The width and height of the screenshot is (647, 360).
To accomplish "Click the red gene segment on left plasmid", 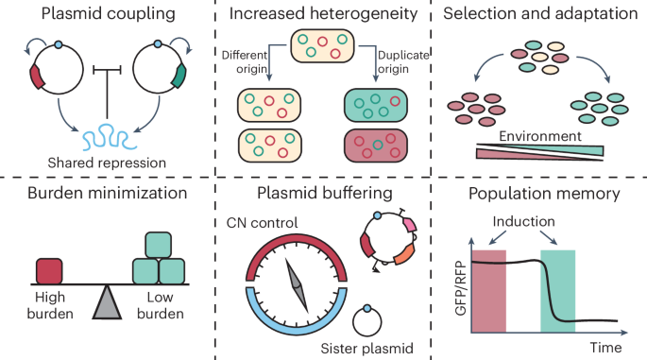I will (39, 76).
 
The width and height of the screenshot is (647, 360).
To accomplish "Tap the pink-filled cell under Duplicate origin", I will (375, 147).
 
